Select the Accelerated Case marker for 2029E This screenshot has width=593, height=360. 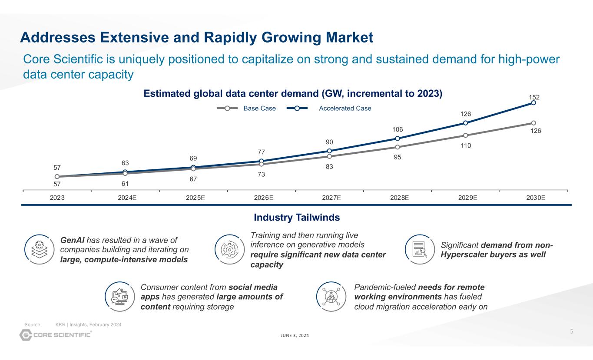click(x=465, y=123)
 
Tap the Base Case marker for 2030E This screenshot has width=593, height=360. click(x=533, y=123)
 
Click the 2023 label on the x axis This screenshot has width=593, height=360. click(x=57, y=198)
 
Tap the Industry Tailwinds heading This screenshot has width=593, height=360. click(x=296, y=217)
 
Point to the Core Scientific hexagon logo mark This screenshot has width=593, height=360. click(x=27, y=335)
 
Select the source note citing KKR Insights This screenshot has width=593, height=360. click(x=73, y=325)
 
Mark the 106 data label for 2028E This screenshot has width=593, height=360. click(x=398, y=129)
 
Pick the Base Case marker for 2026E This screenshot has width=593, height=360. click(x=262, y=164)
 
